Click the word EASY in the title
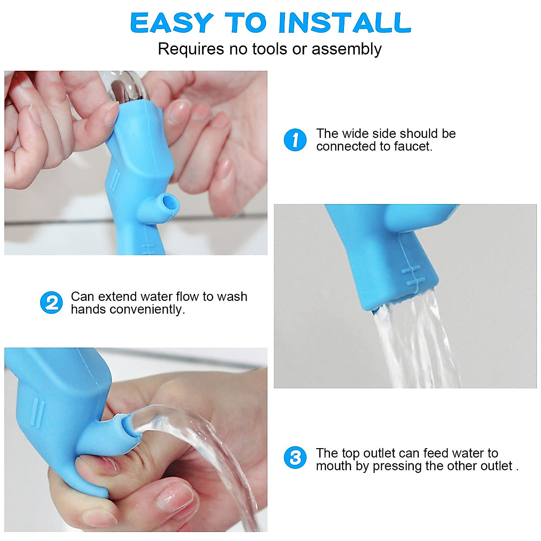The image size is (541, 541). click(x=171, y=23)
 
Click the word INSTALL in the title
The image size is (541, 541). click(x=345, y=23)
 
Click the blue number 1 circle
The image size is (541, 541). click(x=295, y=140)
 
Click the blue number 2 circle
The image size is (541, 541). click(x=51, y=303)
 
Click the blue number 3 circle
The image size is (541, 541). click(x=295, y=458)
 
